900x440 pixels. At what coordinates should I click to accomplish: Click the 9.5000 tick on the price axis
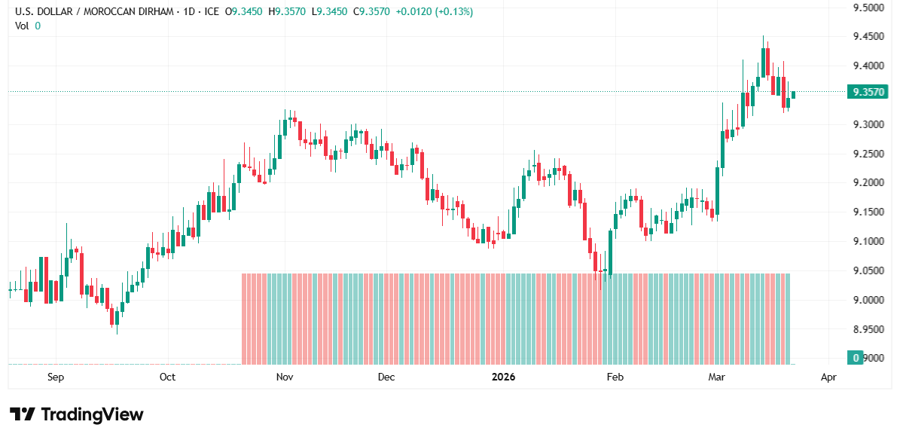868,8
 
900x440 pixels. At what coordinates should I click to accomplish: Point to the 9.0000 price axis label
868,300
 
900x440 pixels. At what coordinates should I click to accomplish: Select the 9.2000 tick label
868,183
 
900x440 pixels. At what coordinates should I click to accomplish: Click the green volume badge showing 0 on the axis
855,357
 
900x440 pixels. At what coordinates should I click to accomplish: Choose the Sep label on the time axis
56,377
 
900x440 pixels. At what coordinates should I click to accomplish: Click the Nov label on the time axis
284,377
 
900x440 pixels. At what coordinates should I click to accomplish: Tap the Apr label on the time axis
829,377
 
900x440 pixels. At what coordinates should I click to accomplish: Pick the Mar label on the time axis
715,377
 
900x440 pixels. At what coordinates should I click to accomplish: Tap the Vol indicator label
22,26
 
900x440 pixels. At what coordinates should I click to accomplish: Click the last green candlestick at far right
793,94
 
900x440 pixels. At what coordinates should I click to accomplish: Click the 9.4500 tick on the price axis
868,37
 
